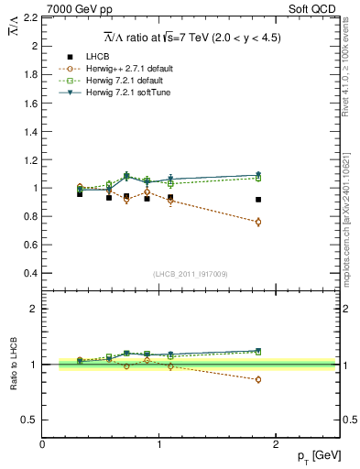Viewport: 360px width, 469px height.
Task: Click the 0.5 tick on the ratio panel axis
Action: click(30, 420)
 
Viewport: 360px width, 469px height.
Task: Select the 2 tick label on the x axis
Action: click(277, 444)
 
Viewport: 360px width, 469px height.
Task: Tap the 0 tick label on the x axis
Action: click(42, 444)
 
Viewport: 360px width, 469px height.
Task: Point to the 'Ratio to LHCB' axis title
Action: click(13, 365)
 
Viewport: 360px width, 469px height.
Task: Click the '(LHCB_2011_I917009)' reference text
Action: click(191, 274)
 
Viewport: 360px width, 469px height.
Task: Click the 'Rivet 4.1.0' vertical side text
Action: click(350, 64)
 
